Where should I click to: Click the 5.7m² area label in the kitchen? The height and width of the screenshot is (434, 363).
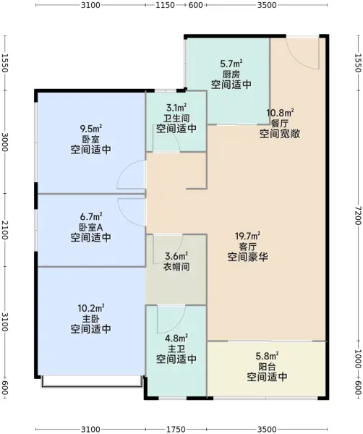pos(231,64)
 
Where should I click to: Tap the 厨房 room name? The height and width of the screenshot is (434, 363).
pos(231,75)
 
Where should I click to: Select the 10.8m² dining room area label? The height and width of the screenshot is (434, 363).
pos(280,113)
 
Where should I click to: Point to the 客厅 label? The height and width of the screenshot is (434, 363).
pos(247,247)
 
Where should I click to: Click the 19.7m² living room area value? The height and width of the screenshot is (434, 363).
pos(247,236)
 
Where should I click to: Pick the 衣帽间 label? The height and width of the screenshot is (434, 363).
pos(176,266)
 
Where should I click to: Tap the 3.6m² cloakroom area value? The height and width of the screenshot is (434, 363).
pos(176,256)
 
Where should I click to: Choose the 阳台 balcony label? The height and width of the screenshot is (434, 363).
pos(267,367)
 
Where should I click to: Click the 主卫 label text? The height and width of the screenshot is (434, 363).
pos(176,349)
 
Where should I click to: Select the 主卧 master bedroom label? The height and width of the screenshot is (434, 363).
pos(91,318)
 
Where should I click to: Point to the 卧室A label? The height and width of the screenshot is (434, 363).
pos(91,227)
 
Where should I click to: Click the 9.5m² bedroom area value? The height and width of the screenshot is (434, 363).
pos(91,129)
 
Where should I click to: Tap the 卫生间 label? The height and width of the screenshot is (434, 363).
pos(176,119)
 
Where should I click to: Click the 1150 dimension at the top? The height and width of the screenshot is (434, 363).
pos(165,5)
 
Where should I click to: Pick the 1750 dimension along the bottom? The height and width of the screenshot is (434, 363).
pos(176,429)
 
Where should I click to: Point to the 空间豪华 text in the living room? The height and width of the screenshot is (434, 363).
pos(247,257)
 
